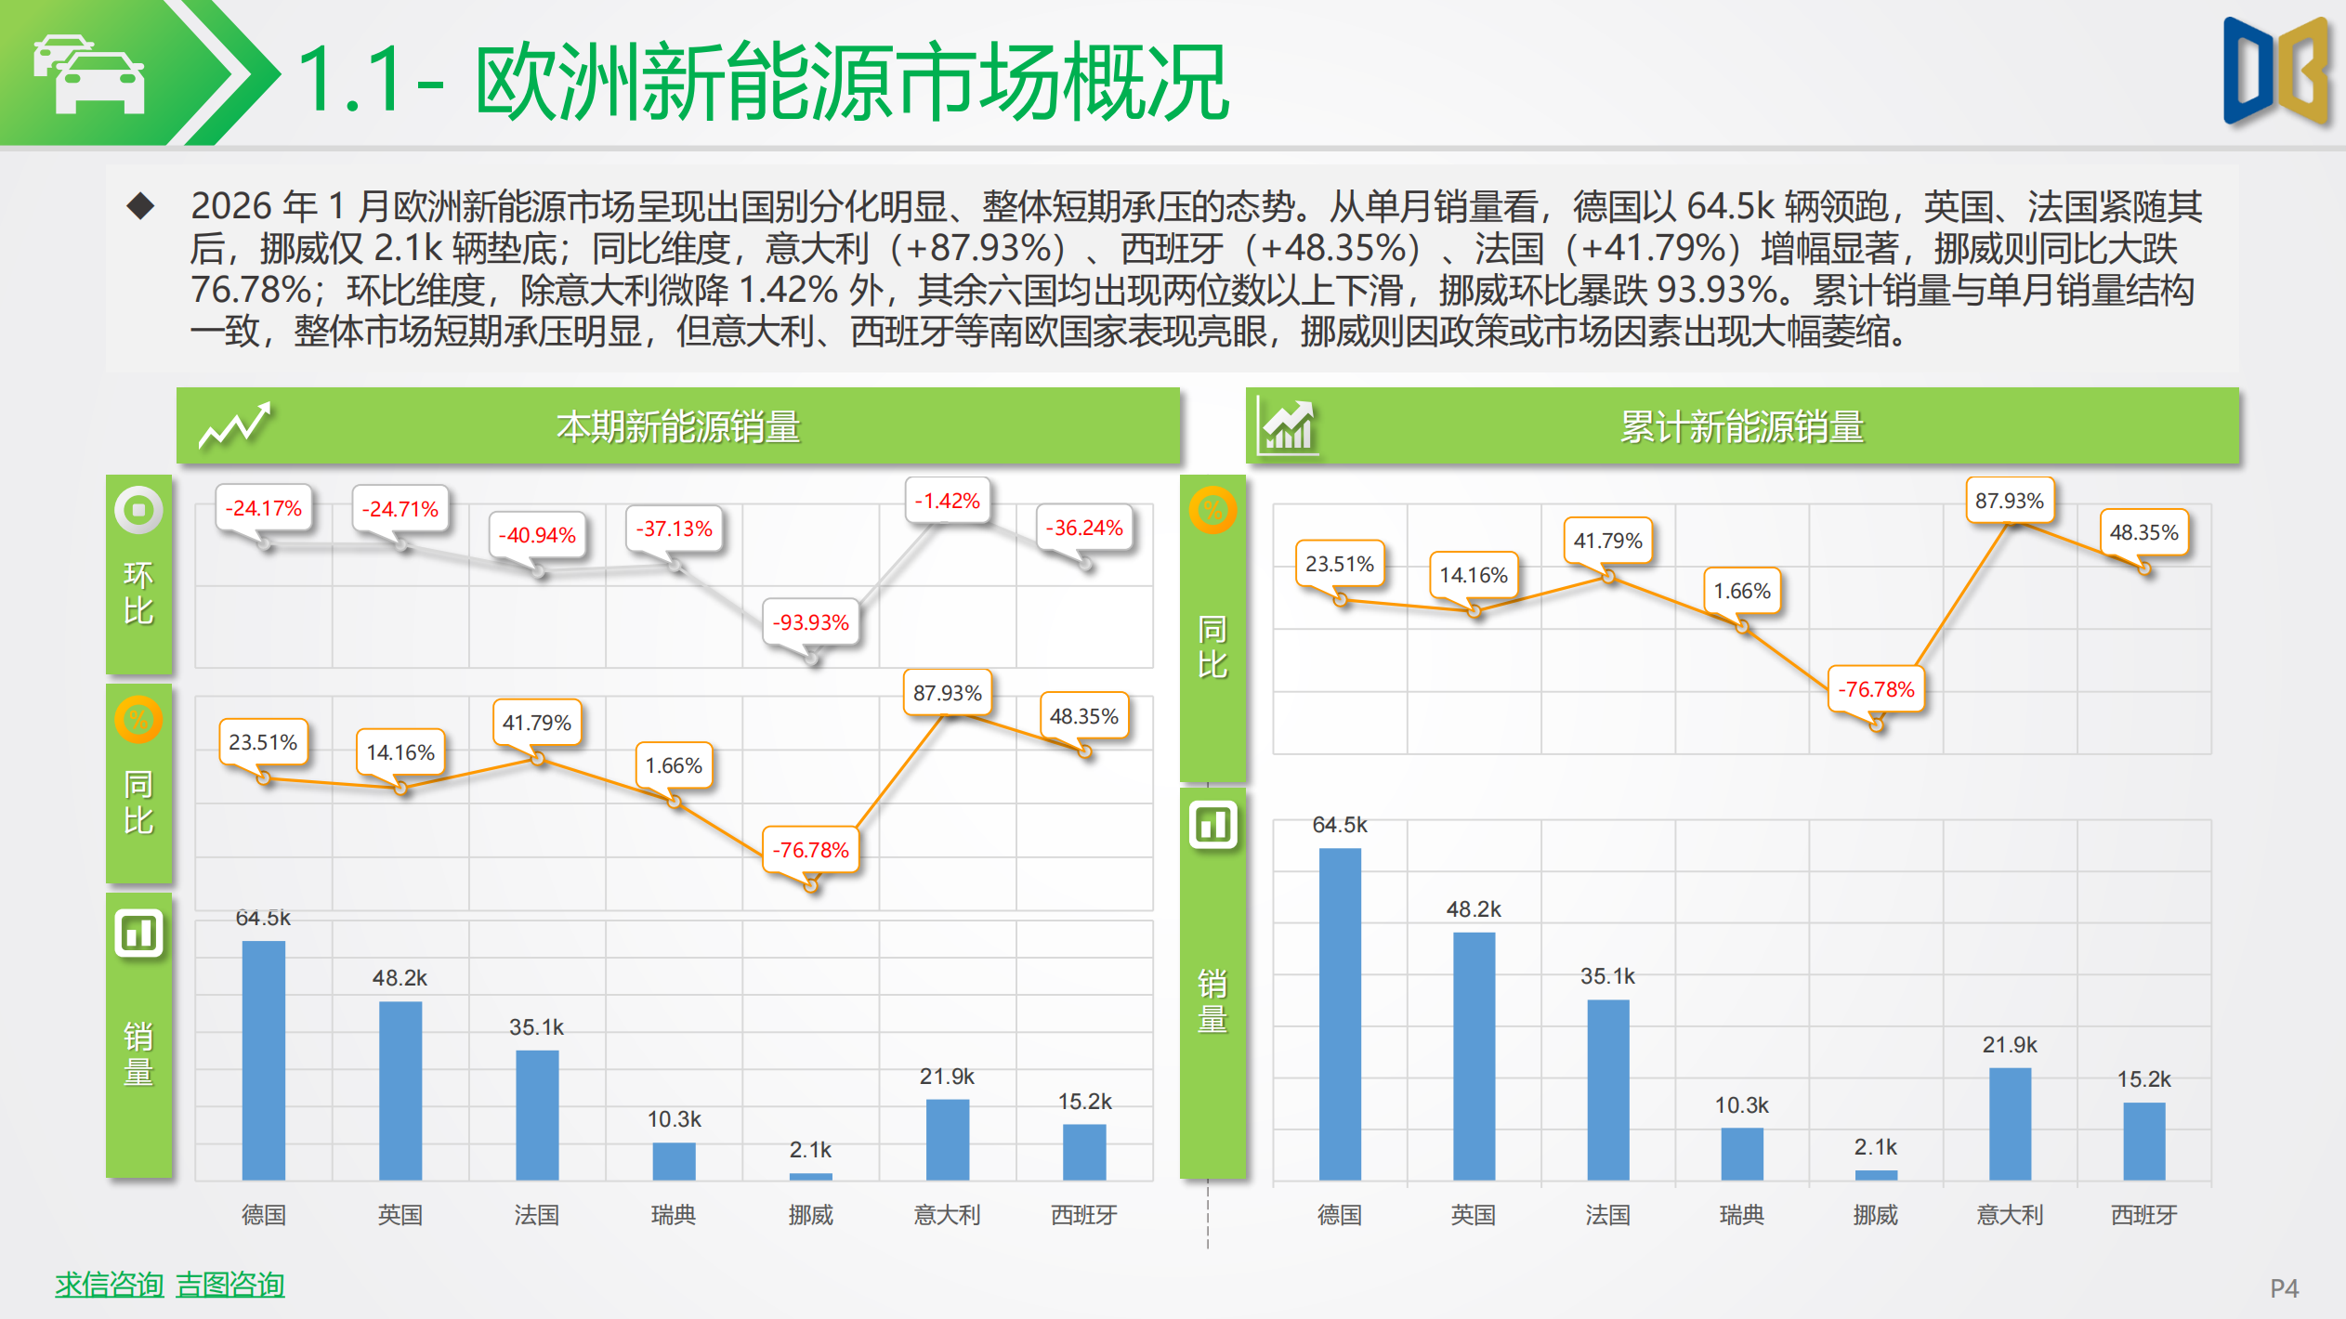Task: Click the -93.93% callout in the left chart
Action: point(811,622)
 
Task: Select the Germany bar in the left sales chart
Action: point(264,1059)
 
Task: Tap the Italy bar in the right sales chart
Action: point(2010,1123)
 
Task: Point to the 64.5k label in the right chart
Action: point(1339,825)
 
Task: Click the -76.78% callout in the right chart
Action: point(1876,689)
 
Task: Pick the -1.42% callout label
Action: point(947,502)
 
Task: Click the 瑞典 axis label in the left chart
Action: point(674,1215)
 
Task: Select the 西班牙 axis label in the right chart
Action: point(2143,1215)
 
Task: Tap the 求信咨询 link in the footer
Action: point(109,1285)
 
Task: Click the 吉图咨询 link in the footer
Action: point(230,1285)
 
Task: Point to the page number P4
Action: point(2284,1288)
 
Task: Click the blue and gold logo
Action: point(2275,72)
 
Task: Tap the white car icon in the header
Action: point(90,74)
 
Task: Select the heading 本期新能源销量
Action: point(678,427)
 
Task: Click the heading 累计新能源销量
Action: point(1742,427)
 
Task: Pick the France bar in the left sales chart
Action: point(537,1114)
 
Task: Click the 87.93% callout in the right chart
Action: point(2009,501)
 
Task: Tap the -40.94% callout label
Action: point(537,535)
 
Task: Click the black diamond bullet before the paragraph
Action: point(141,205)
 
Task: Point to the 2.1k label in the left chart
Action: point(810,1150)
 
